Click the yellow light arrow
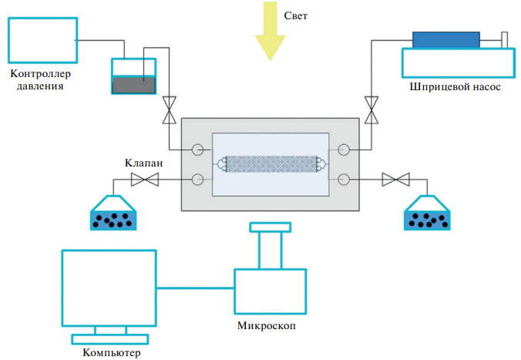[x=271, y=31]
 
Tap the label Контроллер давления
[x=39, y=80]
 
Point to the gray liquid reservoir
[x=133, y=85]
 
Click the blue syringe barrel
[x=446, y=39]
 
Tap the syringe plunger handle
[x=505, y=39]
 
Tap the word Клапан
[x=143, y=163]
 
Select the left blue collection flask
[x=113, y=215]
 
